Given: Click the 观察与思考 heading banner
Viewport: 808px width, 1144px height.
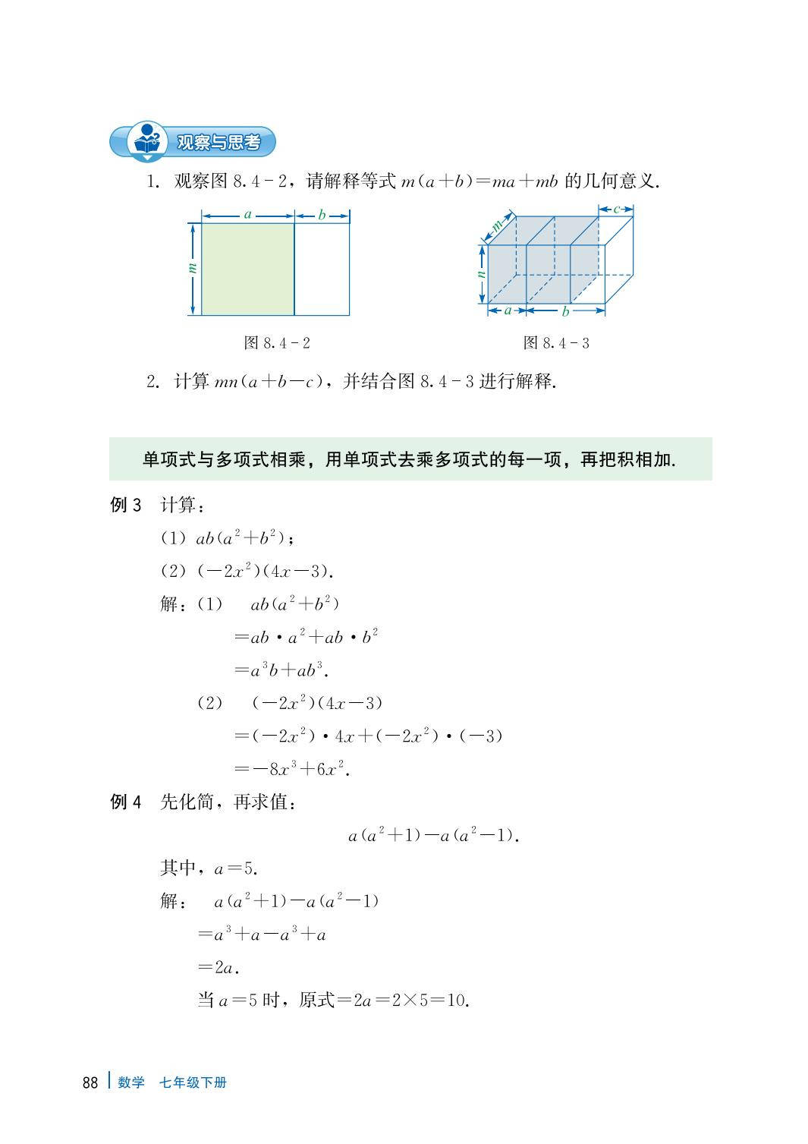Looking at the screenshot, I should (216, 142).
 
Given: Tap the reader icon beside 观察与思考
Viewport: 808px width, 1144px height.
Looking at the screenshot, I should (146, 142).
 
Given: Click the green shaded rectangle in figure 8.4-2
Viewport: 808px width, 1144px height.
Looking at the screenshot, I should (247, 268).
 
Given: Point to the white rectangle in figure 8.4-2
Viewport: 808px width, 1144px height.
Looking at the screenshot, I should (322, 268).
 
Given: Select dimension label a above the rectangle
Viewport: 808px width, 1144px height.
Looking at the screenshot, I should (247, 215).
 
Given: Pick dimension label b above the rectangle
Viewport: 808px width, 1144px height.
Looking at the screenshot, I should (322, 215).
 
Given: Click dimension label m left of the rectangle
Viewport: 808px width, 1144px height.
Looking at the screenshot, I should (192, 268).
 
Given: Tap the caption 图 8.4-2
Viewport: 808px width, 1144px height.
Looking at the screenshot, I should (277, 343).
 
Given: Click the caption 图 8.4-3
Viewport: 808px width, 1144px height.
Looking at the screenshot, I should (556, 343).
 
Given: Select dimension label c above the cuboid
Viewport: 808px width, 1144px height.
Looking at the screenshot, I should (617, 209).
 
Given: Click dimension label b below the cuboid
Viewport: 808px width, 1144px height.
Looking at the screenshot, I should (565, 311).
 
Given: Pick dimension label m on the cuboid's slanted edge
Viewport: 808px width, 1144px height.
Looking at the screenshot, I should (498, 225).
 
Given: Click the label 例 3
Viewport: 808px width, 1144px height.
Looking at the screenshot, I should (126, 505).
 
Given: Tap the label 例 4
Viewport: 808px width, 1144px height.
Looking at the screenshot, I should (126, 802).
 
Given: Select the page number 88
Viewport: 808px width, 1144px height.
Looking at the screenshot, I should (90, 1083).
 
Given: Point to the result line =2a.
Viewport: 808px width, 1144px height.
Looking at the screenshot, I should (219, 967).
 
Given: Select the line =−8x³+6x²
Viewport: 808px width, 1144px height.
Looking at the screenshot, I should (292, 769).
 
